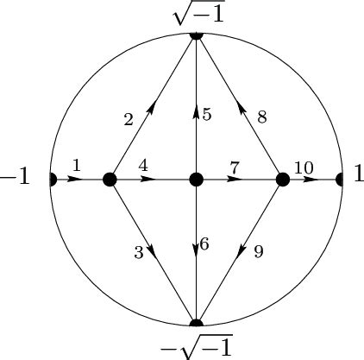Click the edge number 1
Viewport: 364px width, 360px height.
(x=76, y=164)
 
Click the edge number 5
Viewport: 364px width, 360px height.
(x=207, y=115)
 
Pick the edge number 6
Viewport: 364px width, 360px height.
(x=204, y=244)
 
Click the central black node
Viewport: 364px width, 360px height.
(x=196, y=180)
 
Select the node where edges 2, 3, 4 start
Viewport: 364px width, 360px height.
(x=110, y=180)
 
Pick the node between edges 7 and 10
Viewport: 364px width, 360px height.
(x=282, y=180)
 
